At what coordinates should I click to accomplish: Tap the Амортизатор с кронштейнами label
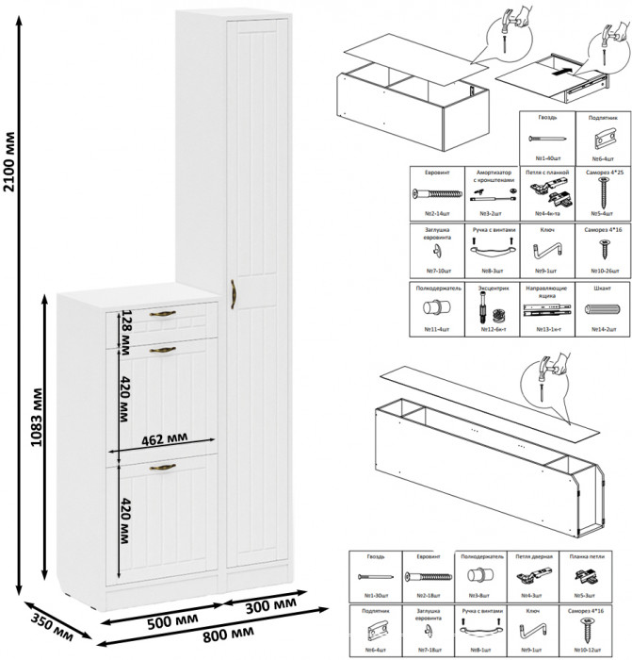[493, 176]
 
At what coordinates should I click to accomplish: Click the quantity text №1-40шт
[546, 160]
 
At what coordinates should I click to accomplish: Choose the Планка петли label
[590, 557]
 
